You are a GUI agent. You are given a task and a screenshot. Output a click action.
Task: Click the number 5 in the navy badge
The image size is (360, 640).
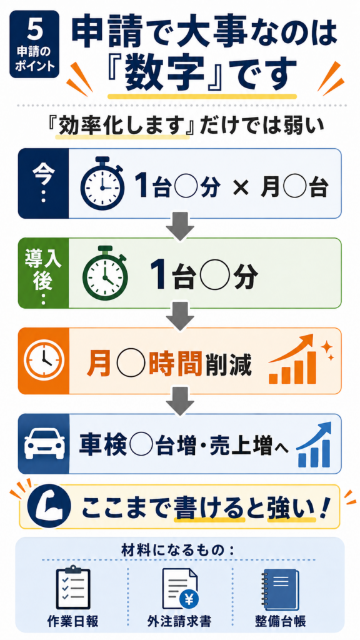point(34,28)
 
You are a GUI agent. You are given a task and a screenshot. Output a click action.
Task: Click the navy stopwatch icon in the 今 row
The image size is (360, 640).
point(103,184)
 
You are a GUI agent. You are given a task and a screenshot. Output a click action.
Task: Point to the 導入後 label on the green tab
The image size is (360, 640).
point(43,270)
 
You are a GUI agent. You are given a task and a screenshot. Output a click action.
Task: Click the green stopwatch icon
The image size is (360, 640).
point(105,272)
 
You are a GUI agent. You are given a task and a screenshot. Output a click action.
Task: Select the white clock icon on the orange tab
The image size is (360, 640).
point(43,360)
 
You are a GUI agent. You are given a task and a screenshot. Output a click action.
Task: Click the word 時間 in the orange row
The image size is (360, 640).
point(176,361)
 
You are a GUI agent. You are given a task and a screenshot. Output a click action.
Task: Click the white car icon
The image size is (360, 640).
point(43,443)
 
